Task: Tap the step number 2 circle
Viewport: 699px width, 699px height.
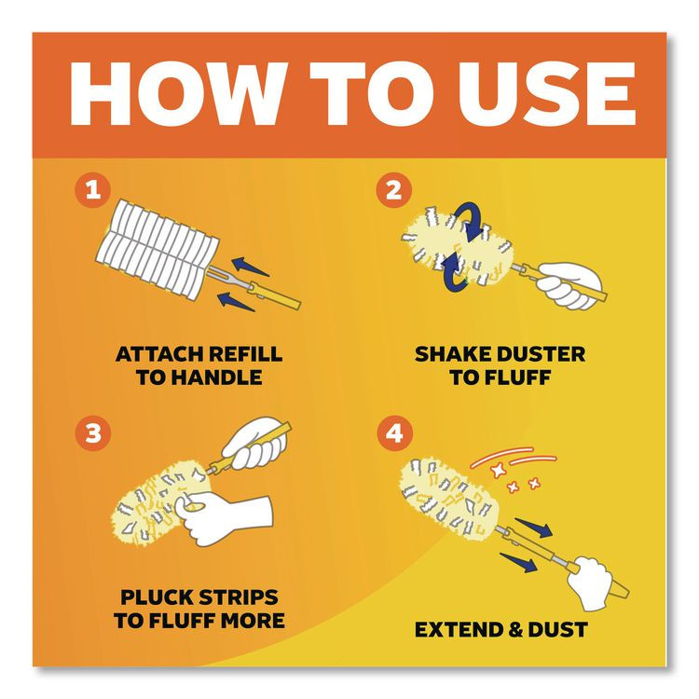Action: (392, 192)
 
